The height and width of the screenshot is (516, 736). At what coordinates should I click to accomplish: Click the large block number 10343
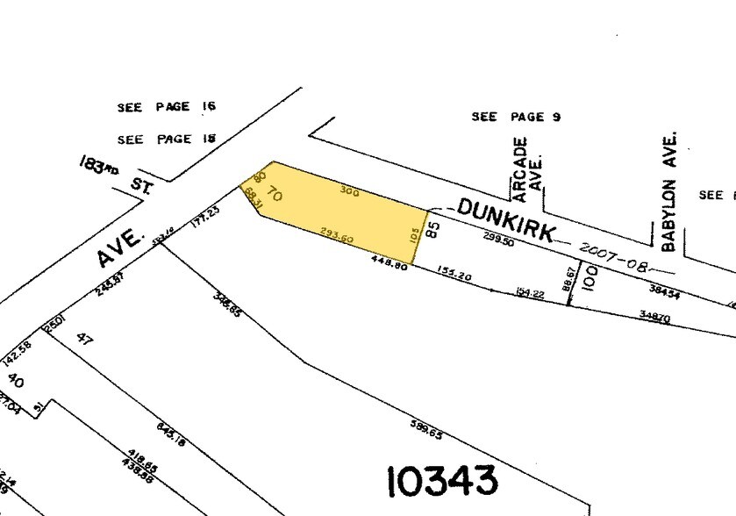click(442, 481)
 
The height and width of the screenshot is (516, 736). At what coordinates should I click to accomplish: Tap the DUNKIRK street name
click(506, 220)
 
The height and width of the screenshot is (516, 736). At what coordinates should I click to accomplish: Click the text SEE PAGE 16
click(167, 107)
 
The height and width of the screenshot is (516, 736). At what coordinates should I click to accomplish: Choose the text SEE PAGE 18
click(167, 139)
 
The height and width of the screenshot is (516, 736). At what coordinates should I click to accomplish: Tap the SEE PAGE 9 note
click(516, 117)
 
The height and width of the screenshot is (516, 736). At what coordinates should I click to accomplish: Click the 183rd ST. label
click(112, 174)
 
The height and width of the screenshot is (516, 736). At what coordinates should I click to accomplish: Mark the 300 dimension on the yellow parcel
click(349, 190)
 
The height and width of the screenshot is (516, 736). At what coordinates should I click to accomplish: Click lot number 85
click(432, 230)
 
